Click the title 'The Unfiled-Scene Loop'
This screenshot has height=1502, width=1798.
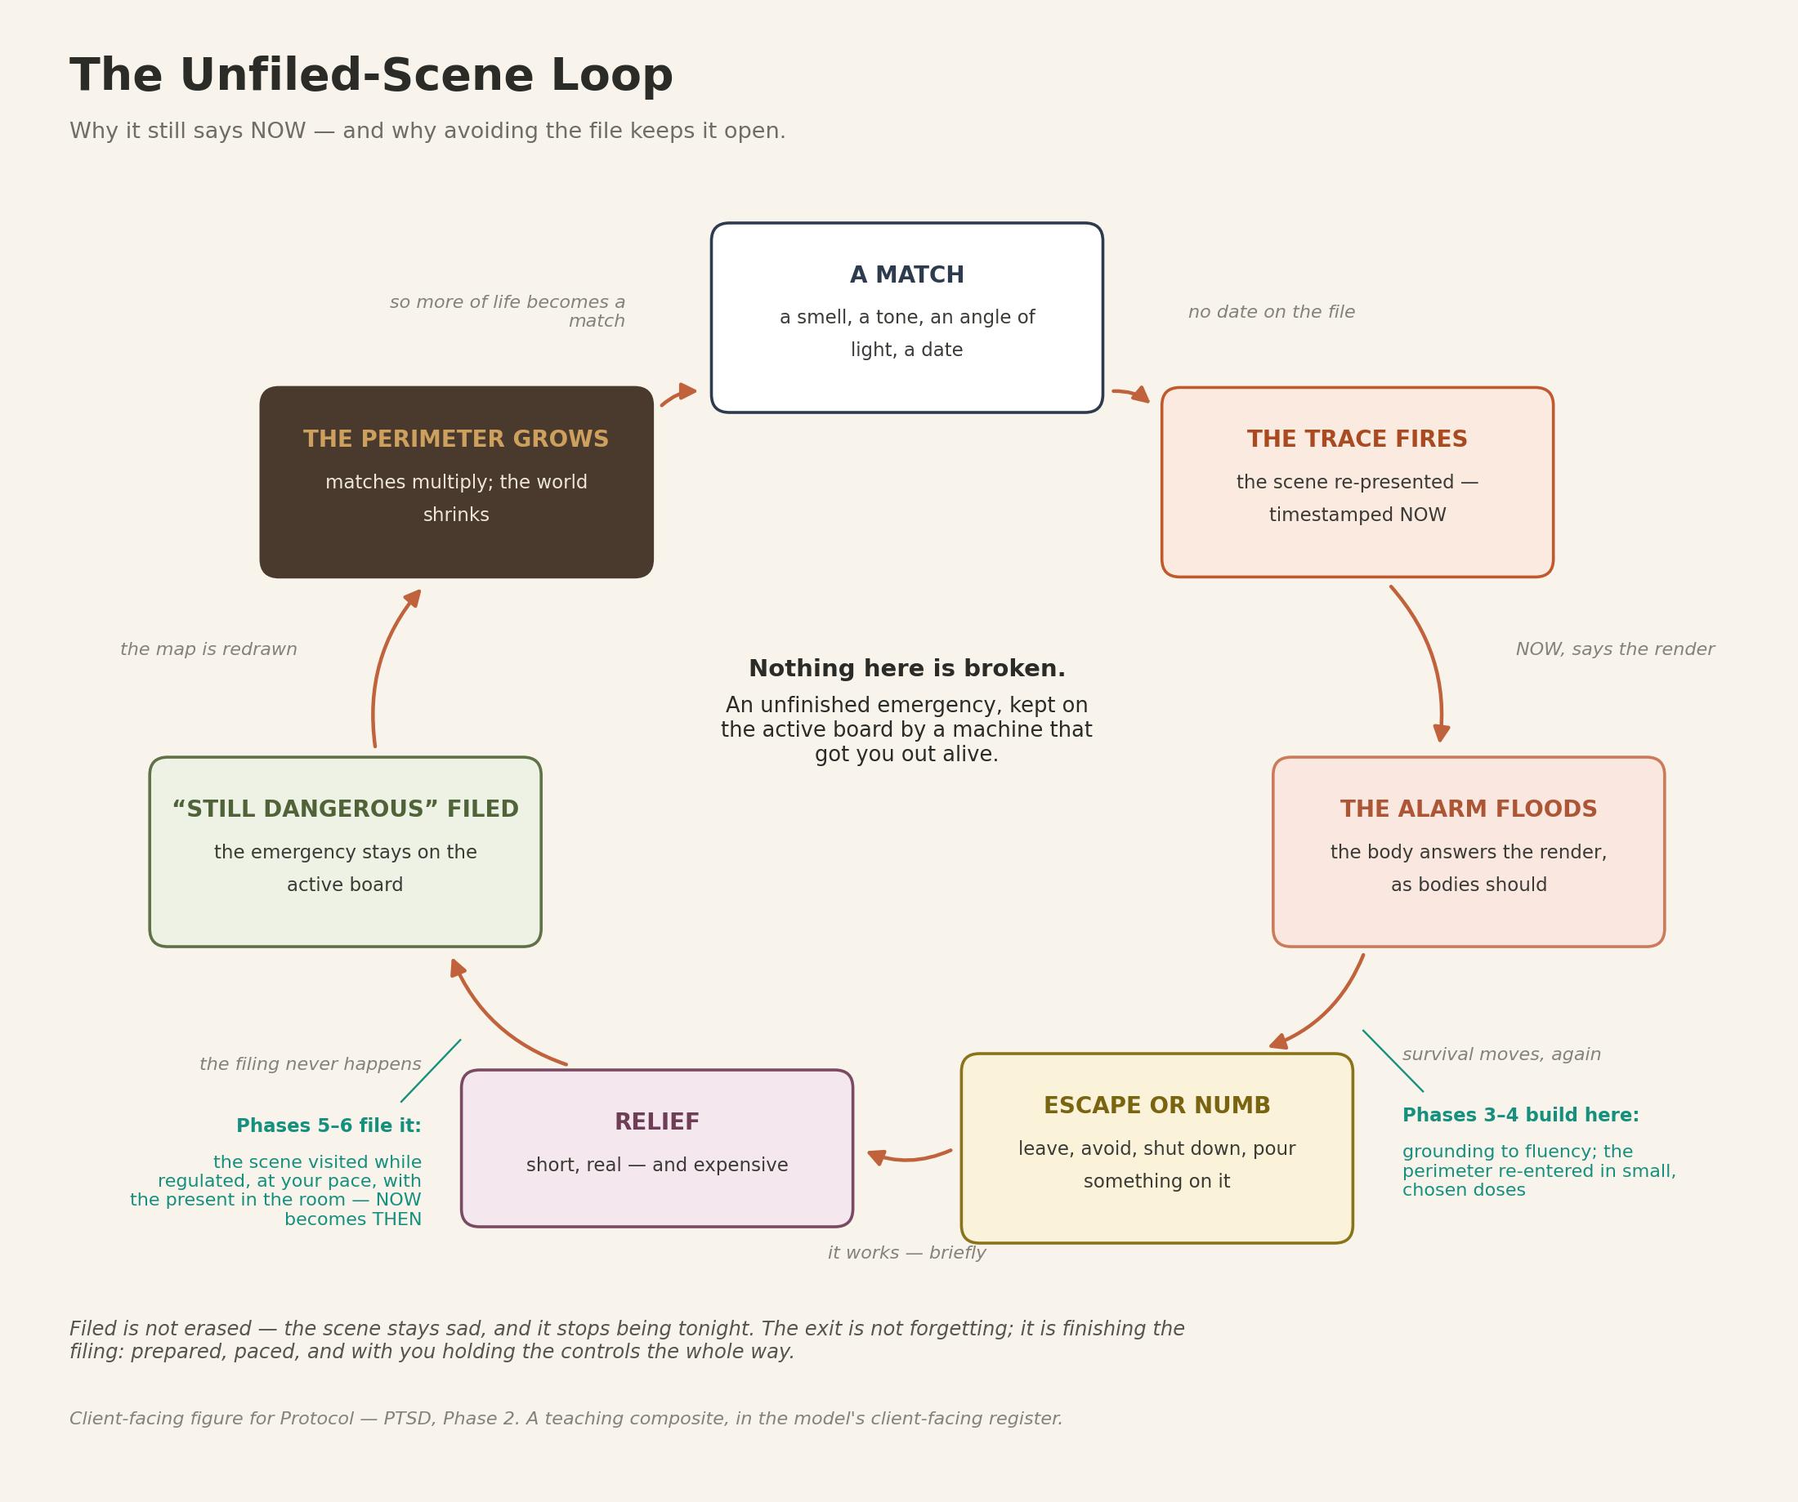(x=372, y=76)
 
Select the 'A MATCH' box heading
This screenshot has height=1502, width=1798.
(x=906, y=274)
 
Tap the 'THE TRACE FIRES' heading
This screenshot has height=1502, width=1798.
(x=1357, y=439)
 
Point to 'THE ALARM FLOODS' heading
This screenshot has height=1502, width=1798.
(x=1469, y=809)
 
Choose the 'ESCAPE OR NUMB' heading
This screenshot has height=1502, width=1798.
(x=1156, y=1105)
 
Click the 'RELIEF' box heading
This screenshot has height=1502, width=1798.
(x=657, y=1121)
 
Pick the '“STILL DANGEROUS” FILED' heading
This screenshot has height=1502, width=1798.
(x=345, y=809)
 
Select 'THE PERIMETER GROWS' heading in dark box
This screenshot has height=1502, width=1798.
(x=456, y=439)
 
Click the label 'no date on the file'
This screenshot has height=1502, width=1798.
(x=1272, y=312)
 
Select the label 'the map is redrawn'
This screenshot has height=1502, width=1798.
(x=209, y=649)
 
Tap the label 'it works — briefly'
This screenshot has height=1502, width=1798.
(x=906, y=1253)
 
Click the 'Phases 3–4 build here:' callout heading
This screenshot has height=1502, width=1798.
(x=1521, y=1115)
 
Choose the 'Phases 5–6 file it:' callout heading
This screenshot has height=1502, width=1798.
(x=329, y=1125)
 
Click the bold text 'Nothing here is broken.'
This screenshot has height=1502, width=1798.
(x=906, y=668)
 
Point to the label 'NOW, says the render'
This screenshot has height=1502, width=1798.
(x=1615, y=649)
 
